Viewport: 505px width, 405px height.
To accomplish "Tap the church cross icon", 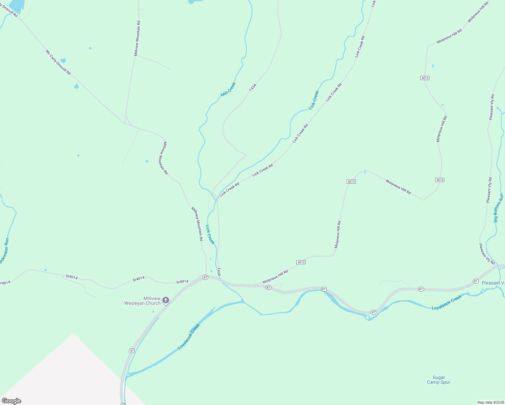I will pyautogui.click(x=165, y=300).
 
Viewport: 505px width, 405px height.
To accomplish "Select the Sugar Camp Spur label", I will pyautogui.click(x=438, y=380).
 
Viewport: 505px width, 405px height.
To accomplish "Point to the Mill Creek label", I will pyautogui.click(x=228, y=89).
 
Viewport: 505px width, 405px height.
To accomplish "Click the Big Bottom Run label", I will pyautogui.click(x=499, y=208).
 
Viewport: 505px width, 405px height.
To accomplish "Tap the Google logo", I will pyautogui.click(x=11, y=401).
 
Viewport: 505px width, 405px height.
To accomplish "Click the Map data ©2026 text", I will pyautogui.click(x=490, y=402).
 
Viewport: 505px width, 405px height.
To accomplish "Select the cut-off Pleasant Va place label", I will pyautogui.click(x=493, y=283).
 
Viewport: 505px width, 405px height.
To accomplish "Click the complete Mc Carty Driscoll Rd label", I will pyautogui.click(x=58, y=62).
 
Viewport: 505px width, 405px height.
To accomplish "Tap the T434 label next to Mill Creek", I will pyautogui.click(x=252, y=87).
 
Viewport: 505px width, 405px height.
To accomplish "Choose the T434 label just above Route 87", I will pyautogui.click(x=219, y=272).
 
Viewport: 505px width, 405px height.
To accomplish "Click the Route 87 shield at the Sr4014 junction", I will pyautogui.click(x=205, y=277).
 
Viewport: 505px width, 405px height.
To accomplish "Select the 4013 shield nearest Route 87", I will pyautogui.click(x=301, y=262).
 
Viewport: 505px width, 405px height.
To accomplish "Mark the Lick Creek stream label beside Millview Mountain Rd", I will pyautogui.click(x=210, y=234).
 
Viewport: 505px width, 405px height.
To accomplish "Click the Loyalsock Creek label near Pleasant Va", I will pyautogui.click(x=447, y=303).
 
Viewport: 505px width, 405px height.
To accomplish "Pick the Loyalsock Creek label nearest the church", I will pyautogui.click(x=189, y=336).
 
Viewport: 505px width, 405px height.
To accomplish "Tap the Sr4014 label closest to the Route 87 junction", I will pyautogui.click(x=182, y=281).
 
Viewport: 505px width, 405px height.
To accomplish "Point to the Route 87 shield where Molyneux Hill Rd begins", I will pyautogui.click(x=268, y=288).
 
